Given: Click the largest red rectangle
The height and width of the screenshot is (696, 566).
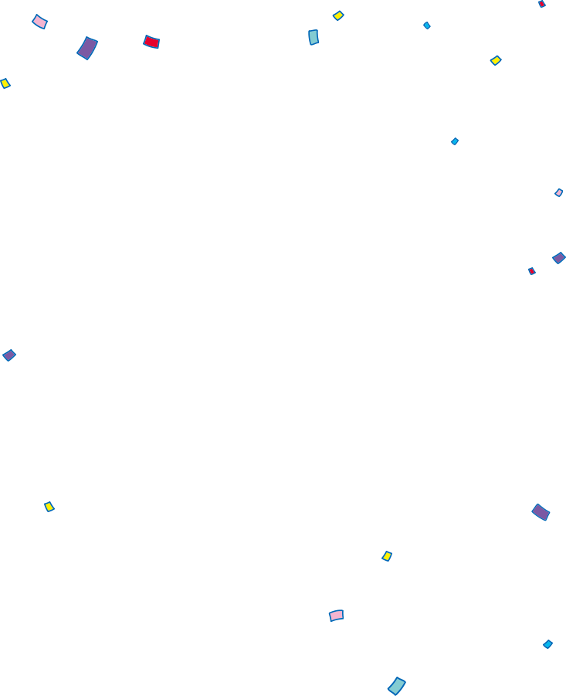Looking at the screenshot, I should tap(151, 42).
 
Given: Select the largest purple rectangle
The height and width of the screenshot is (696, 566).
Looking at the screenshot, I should tap(87, 48).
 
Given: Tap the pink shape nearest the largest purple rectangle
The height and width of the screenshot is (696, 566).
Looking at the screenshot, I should tap(39, 22).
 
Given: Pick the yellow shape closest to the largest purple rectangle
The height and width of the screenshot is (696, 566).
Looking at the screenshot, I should tap(5, 83).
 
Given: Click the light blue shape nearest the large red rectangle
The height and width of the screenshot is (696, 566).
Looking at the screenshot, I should tap(314, 37).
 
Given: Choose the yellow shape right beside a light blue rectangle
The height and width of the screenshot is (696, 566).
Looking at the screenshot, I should tap(338, 15).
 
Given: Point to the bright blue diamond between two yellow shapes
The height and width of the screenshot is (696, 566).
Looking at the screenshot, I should tap(427, 25).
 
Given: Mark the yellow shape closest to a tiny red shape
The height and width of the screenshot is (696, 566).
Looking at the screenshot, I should tap(496, 60).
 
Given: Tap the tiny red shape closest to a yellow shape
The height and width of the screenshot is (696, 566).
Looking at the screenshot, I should tap(541, 4).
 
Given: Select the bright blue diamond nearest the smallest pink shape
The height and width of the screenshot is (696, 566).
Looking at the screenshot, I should tap(455, 141).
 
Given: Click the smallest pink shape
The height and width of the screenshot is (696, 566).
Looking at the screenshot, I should tap(559, 192).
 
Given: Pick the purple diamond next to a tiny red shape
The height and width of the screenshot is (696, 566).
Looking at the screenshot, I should tap(559, 258).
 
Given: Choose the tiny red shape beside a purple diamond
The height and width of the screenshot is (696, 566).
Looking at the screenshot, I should tap(531, 271).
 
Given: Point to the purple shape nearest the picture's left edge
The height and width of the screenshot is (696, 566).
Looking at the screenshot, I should tap(9, 355).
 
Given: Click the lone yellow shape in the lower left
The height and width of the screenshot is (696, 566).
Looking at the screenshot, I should tap(49, 507).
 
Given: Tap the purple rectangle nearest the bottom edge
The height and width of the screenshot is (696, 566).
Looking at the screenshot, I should tap(541, 512).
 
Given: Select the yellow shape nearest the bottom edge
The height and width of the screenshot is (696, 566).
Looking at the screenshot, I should tap(387, 556).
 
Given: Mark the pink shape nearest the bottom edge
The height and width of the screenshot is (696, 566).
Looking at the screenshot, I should tap(337, 615).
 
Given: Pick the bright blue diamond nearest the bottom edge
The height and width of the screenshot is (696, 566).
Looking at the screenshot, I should tap(547, 644).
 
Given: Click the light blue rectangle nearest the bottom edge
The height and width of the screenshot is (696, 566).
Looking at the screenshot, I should tap(396, 686).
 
